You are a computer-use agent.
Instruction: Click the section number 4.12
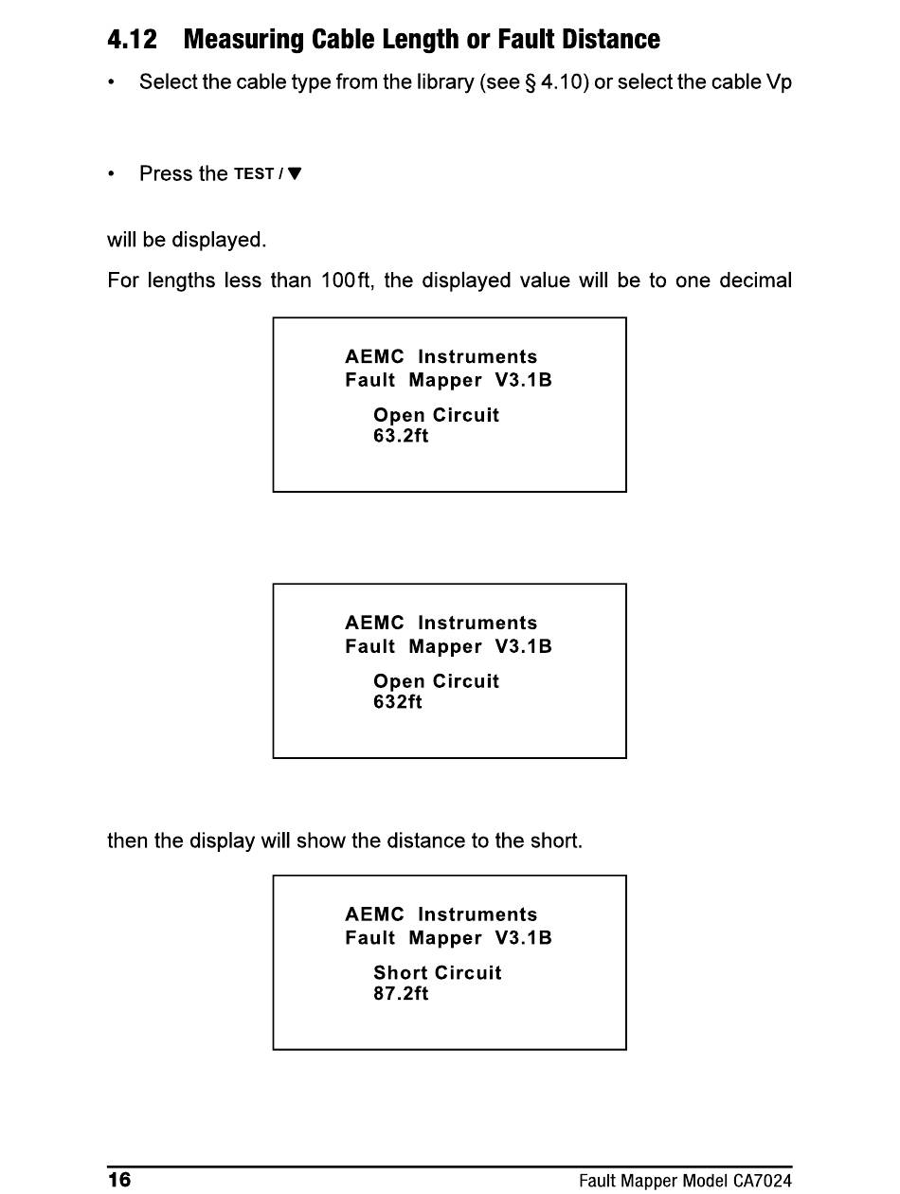tap(132, 40)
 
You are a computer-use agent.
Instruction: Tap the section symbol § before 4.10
tap(531, 82)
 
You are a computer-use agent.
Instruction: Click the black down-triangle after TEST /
tap(295, 173)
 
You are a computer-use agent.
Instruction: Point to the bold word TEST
tap(253, 174)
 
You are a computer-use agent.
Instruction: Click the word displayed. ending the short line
tap(219, 240)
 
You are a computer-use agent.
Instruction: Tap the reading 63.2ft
tap(401, 436)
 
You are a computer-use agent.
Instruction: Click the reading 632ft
tap(398, 702)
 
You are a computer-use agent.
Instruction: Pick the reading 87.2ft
tap(401, 993)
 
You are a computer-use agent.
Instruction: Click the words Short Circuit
tap(438, 972)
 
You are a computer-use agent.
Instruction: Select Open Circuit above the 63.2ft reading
tap(436, 415)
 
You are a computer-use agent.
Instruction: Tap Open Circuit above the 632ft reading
tap(436, 681)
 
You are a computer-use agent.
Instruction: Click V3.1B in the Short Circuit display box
tap(523, 937)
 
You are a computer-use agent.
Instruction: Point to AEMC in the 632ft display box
tap(374, 623)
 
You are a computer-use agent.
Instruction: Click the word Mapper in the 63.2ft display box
tap(445, 381)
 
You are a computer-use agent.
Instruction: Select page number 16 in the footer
tap(119, 1180)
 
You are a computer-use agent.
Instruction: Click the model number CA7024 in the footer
tap(762, 1181)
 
